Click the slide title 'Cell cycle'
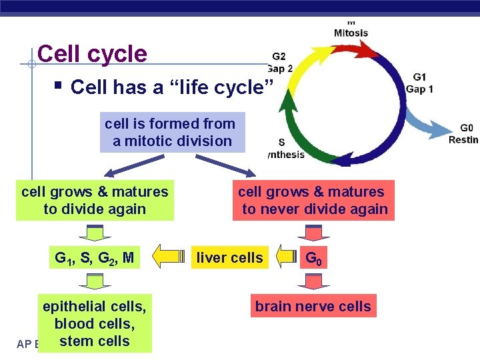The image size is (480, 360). [x=92, y=53]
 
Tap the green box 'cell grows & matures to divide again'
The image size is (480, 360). [x=95, y=200]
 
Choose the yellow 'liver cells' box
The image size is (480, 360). [x=230, y=257]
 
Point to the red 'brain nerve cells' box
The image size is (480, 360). [x=313, y=306]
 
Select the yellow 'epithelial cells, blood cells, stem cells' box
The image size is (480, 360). [x=95, y=323]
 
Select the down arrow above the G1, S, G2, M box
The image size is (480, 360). [x=95, y=232]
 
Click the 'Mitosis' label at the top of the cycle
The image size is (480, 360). [x=351, y=32]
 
